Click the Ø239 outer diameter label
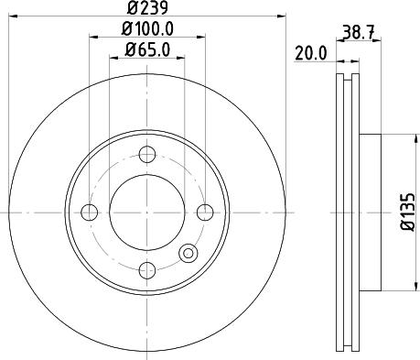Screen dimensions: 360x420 [145, 9]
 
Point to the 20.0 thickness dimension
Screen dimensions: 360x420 [311, 54]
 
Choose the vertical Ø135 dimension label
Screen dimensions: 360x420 [409, 212]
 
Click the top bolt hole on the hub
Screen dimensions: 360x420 [146, 155]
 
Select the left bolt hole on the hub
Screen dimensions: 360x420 [89, 213]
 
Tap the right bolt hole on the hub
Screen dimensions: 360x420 [204, 213]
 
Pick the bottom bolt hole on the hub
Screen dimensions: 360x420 [146, 270]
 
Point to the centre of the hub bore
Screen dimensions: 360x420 [146, 213]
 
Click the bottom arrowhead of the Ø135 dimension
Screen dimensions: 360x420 [400, 286]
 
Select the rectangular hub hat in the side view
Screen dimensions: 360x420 [370, 212]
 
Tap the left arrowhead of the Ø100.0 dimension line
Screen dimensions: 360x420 [92, 39]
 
